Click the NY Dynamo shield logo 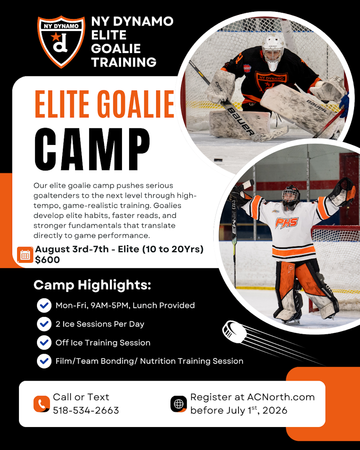click(61, 42)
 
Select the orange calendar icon click(25, 255)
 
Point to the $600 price click(47, 260)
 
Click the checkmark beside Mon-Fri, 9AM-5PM click(44, 306)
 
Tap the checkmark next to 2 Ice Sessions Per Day click(44, 324)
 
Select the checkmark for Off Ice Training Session click(44, 342)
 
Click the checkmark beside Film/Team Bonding click(44, 361)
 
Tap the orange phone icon click(41, 404)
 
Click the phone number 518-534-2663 click(86, 410)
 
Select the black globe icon click(179, 404)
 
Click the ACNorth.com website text click(281, 397)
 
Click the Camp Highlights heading click(92, 285)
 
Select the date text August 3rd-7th click(72, 250)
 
